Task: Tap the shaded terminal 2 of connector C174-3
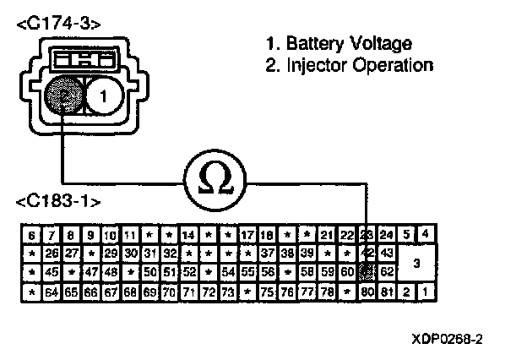[x=64, y=96]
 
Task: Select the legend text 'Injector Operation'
[x=349, y=65]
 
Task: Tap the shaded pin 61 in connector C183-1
[x=367, y=272]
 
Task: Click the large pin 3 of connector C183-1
[x=416, y=262]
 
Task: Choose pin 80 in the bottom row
[x=367, y=292]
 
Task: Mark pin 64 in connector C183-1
[x=52, y=292]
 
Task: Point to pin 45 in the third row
[x=52, y=272]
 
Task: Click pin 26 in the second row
[x=52, y=253]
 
